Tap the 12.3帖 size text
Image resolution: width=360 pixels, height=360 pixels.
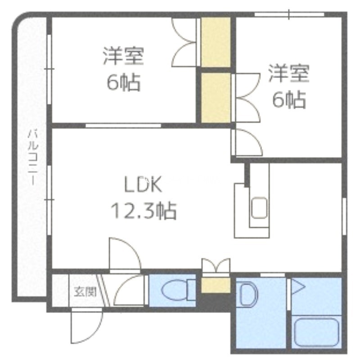(143, 210)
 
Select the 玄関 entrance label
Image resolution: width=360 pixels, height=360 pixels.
(85, 292)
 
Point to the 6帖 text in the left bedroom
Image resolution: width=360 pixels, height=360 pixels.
(123, 82)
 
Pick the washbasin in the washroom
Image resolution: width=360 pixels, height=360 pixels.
(247, 295)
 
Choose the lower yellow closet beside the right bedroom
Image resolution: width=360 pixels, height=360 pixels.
(216, 97)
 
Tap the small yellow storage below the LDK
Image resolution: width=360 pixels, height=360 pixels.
(216, 285)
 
